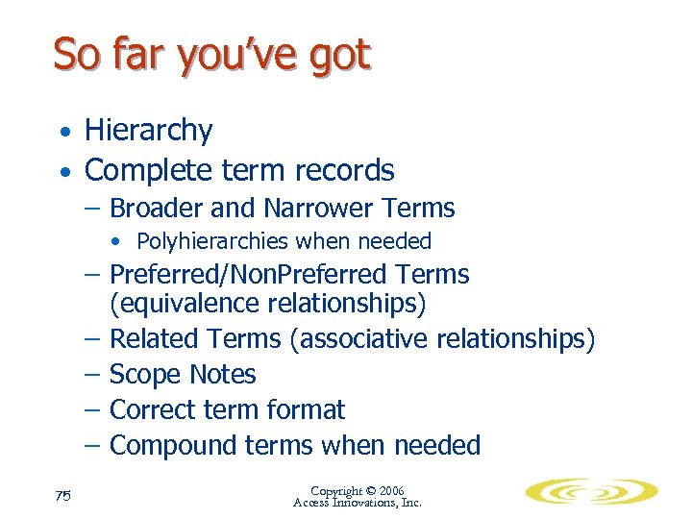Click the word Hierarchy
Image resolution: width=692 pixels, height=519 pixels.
pos(148,131)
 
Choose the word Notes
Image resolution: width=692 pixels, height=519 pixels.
pos(222,374)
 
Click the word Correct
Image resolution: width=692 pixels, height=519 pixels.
pos(152,409)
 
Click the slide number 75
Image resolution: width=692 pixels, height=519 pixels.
pos(64,496)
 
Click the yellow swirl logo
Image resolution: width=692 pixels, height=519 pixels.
pos(591,492)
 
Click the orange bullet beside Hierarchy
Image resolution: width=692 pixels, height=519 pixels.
pos(63,132)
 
